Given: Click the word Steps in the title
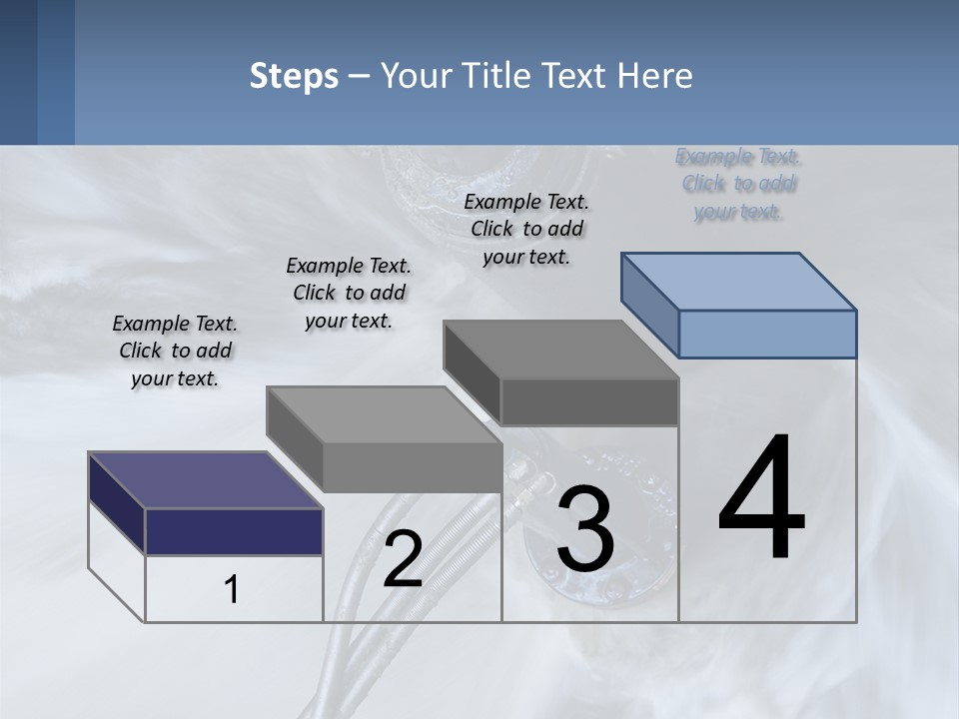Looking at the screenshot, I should coord(294,76).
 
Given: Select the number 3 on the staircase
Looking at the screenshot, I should coord(584,528).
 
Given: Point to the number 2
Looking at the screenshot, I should coord(403,559).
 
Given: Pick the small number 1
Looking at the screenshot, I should coord(232,590).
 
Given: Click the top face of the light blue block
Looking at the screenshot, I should coord(739,281).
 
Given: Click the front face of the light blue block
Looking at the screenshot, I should coord(767,334).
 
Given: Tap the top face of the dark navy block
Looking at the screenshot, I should coord(205,480).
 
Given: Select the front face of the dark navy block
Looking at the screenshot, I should coord(234,531).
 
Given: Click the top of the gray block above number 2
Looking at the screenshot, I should coord(385,413).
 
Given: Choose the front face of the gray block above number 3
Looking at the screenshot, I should coord(589,401).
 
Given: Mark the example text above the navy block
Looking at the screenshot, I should coord(175,351).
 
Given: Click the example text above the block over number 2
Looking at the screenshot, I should coord(349,293).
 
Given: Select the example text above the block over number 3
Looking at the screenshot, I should coord(526,229).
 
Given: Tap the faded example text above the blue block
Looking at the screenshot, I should coord(738,184).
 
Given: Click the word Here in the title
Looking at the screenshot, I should coord(656,76).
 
